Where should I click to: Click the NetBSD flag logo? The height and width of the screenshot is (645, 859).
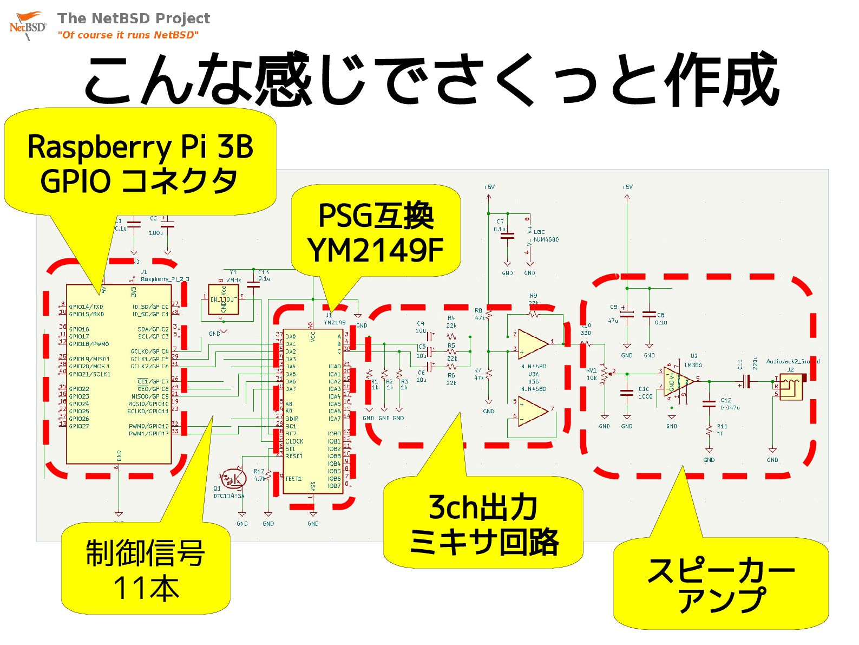27,24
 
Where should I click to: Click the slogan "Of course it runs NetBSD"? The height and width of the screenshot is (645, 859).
128,35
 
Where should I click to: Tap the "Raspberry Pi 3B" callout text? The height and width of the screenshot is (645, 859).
140,147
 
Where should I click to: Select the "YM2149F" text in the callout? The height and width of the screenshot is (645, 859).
376,250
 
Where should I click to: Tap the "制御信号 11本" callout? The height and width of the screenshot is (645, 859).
145,570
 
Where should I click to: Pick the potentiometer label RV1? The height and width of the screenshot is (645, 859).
591,371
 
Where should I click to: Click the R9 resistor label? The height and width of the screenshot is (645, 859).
533,296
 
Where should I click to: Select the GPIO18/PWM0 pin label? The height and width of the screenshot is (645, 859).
89,344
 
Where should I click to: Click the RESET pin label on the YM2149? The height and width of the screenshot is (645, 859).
294,457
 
